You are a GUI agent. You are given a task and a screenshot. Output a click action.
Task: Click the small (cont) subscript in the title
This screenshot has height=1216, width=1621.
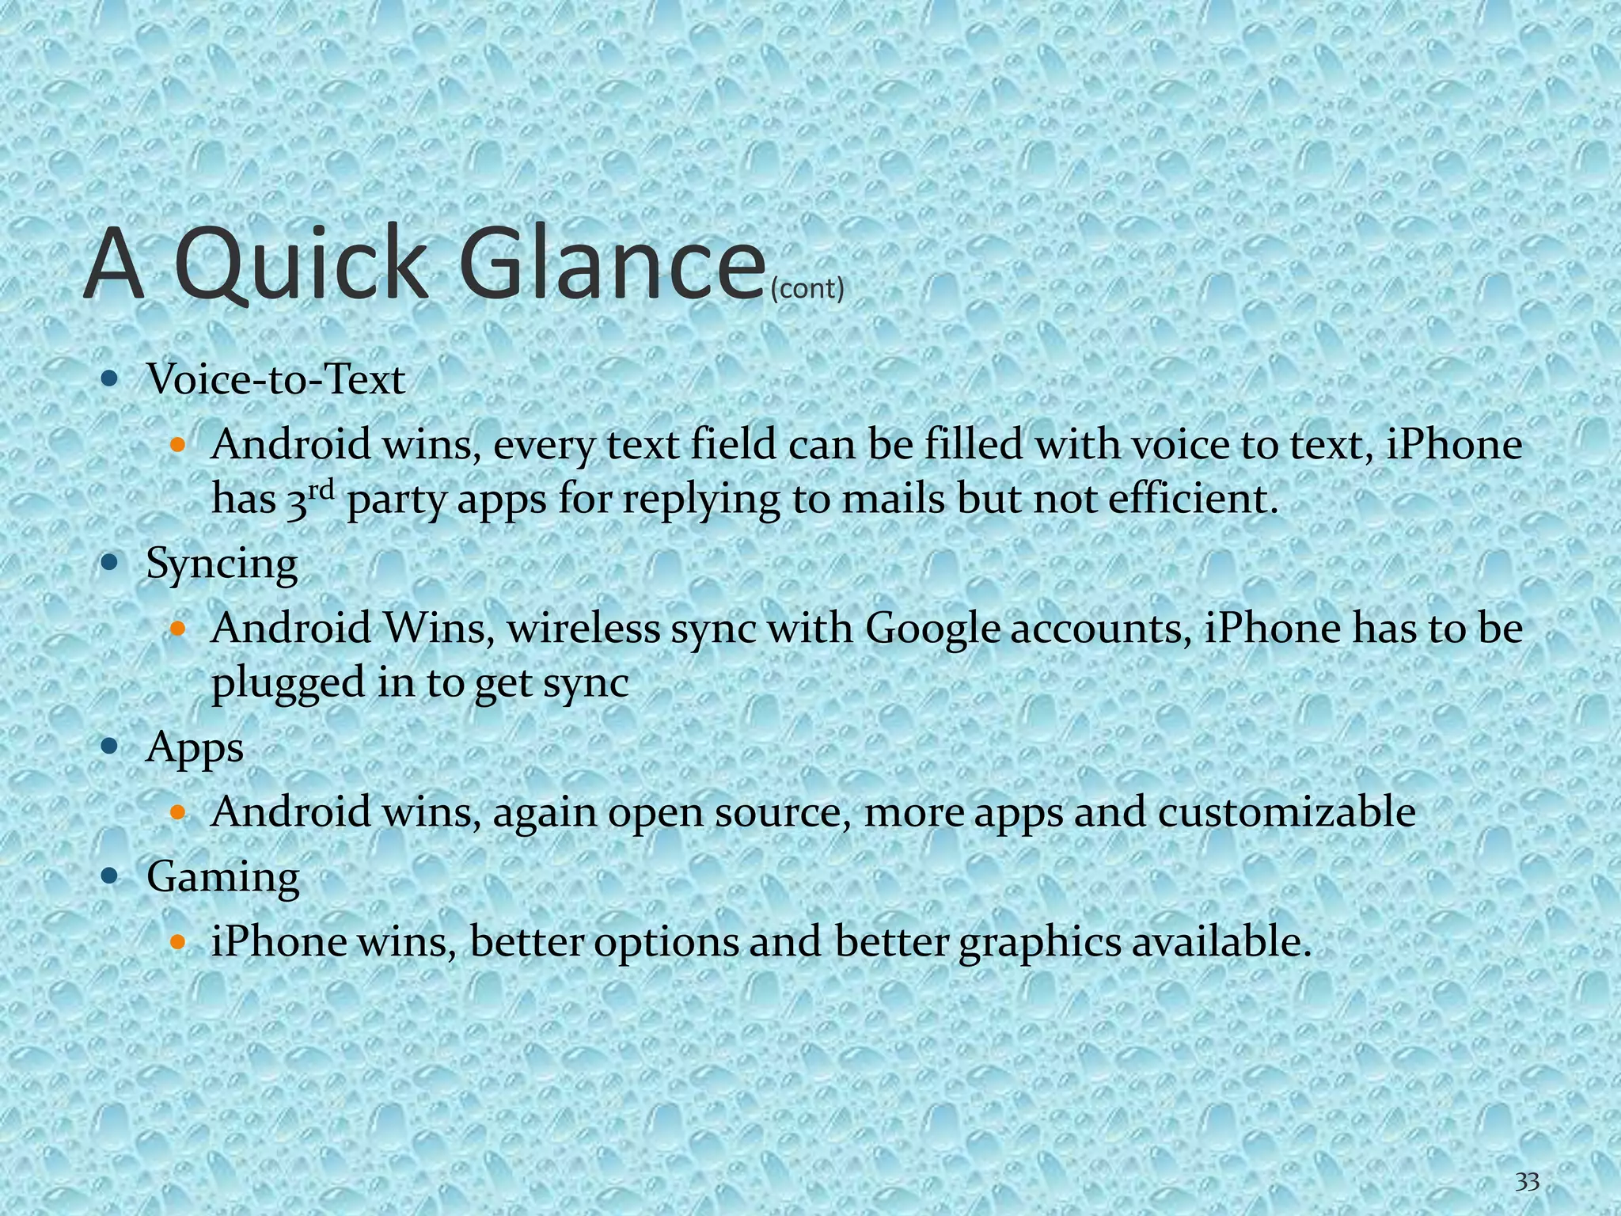(807, 289)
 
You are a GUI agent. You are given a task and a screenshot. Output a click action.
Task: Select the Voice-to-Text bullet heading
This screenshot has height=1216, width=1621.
(275, 379)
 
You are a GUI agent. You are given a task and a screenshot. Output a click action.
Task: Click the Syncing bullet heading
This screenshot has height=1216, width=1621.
(222, 565)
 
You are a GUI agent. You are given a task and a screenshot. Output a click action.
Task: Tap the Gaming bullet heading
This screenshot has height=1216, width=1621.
(222, 878)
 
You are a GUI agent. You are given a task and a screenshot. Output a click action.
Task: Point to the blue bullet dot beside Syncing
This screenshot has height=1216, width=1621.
(110, 563)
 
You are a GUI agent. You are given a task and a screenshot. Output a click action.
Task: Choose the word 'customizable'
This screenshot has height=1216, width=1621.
(1286, 812)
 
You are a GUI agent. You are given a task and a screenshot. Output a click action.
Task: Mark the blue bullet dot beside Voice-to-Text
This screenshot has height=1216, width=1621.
(110, 378)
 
